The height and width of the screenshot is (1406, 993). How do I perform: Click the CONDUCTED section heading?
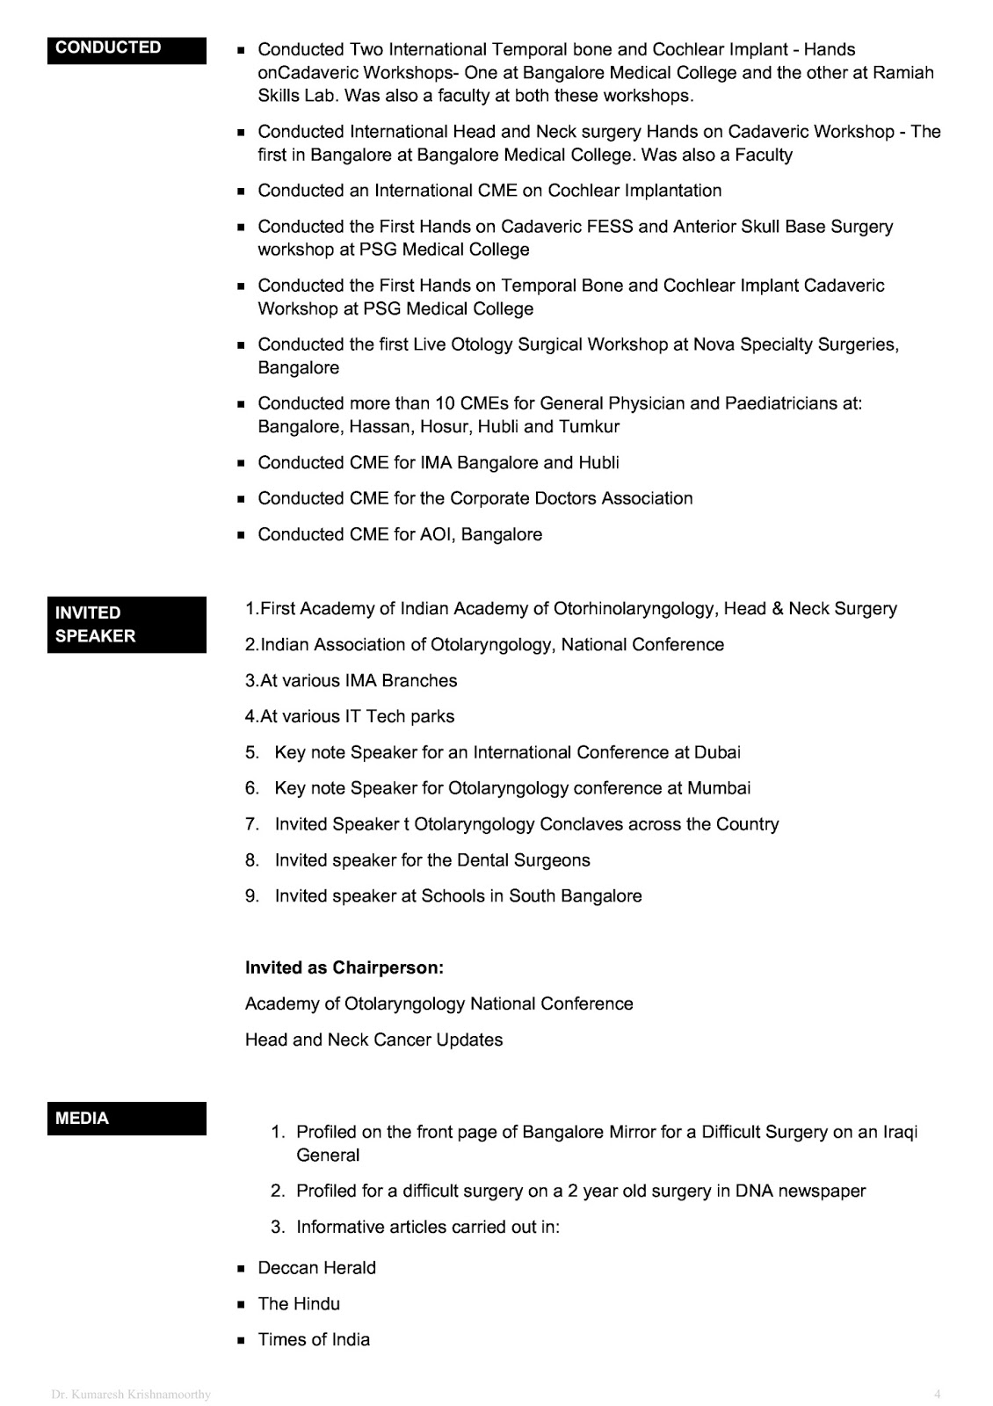point(108,47)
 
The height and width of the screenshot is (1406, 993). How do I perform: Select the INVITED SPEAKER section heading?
point(95,624)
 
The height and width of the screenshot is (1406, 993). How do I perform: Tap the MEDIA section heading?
point(82,1118)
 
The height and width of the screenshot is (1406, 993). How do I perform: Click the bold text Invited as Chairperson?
point(344,968)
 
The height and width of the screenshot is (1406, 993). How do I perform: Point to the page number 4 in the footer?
point(938,1394)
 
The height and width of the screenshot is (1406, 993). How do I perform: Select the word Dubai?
point(717,752)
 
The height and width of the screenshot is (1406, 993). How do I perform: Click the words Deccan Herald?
point(316,1267)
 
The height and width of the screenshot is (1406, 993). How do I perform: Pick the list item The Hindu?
point(299,1303)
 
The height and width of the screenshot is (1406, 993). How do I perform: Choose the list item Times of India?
point(314,1339)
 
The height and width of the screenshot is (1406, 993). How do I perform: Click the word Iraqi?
point(900,1132)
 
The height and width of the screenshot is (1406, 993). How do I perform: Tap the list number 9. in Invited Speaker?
point(252,896)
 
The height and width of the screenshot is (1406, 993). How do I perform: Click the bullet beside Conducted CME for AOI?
point(241,535)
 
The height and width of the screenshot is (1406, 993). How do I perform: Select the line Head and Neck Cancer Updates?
point(373,1040)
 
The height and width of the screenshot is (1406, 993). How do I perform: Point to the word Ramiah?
point(903,73)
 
